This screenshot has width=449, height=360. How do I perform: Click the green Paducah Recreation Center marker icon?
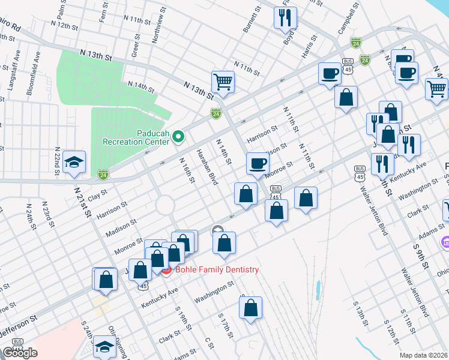(x=178, y=137)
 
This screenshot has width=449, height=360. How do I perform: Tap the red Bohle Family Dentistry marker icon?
(x=166, y=270)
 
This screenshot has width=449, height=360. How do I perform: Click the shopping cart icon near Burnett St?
(x=223, y=82)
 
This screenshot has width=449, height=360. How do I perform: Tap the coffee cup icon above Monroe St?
(x=258, y=163)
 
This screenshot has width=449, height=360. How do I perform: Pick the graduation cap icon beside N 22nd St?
(x=74, y=161)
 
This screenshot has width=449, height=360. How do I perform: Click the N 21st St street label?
(x=83, y=201)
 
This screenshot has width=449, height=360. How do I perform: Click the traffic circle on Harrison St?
(x=165, y=206)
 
